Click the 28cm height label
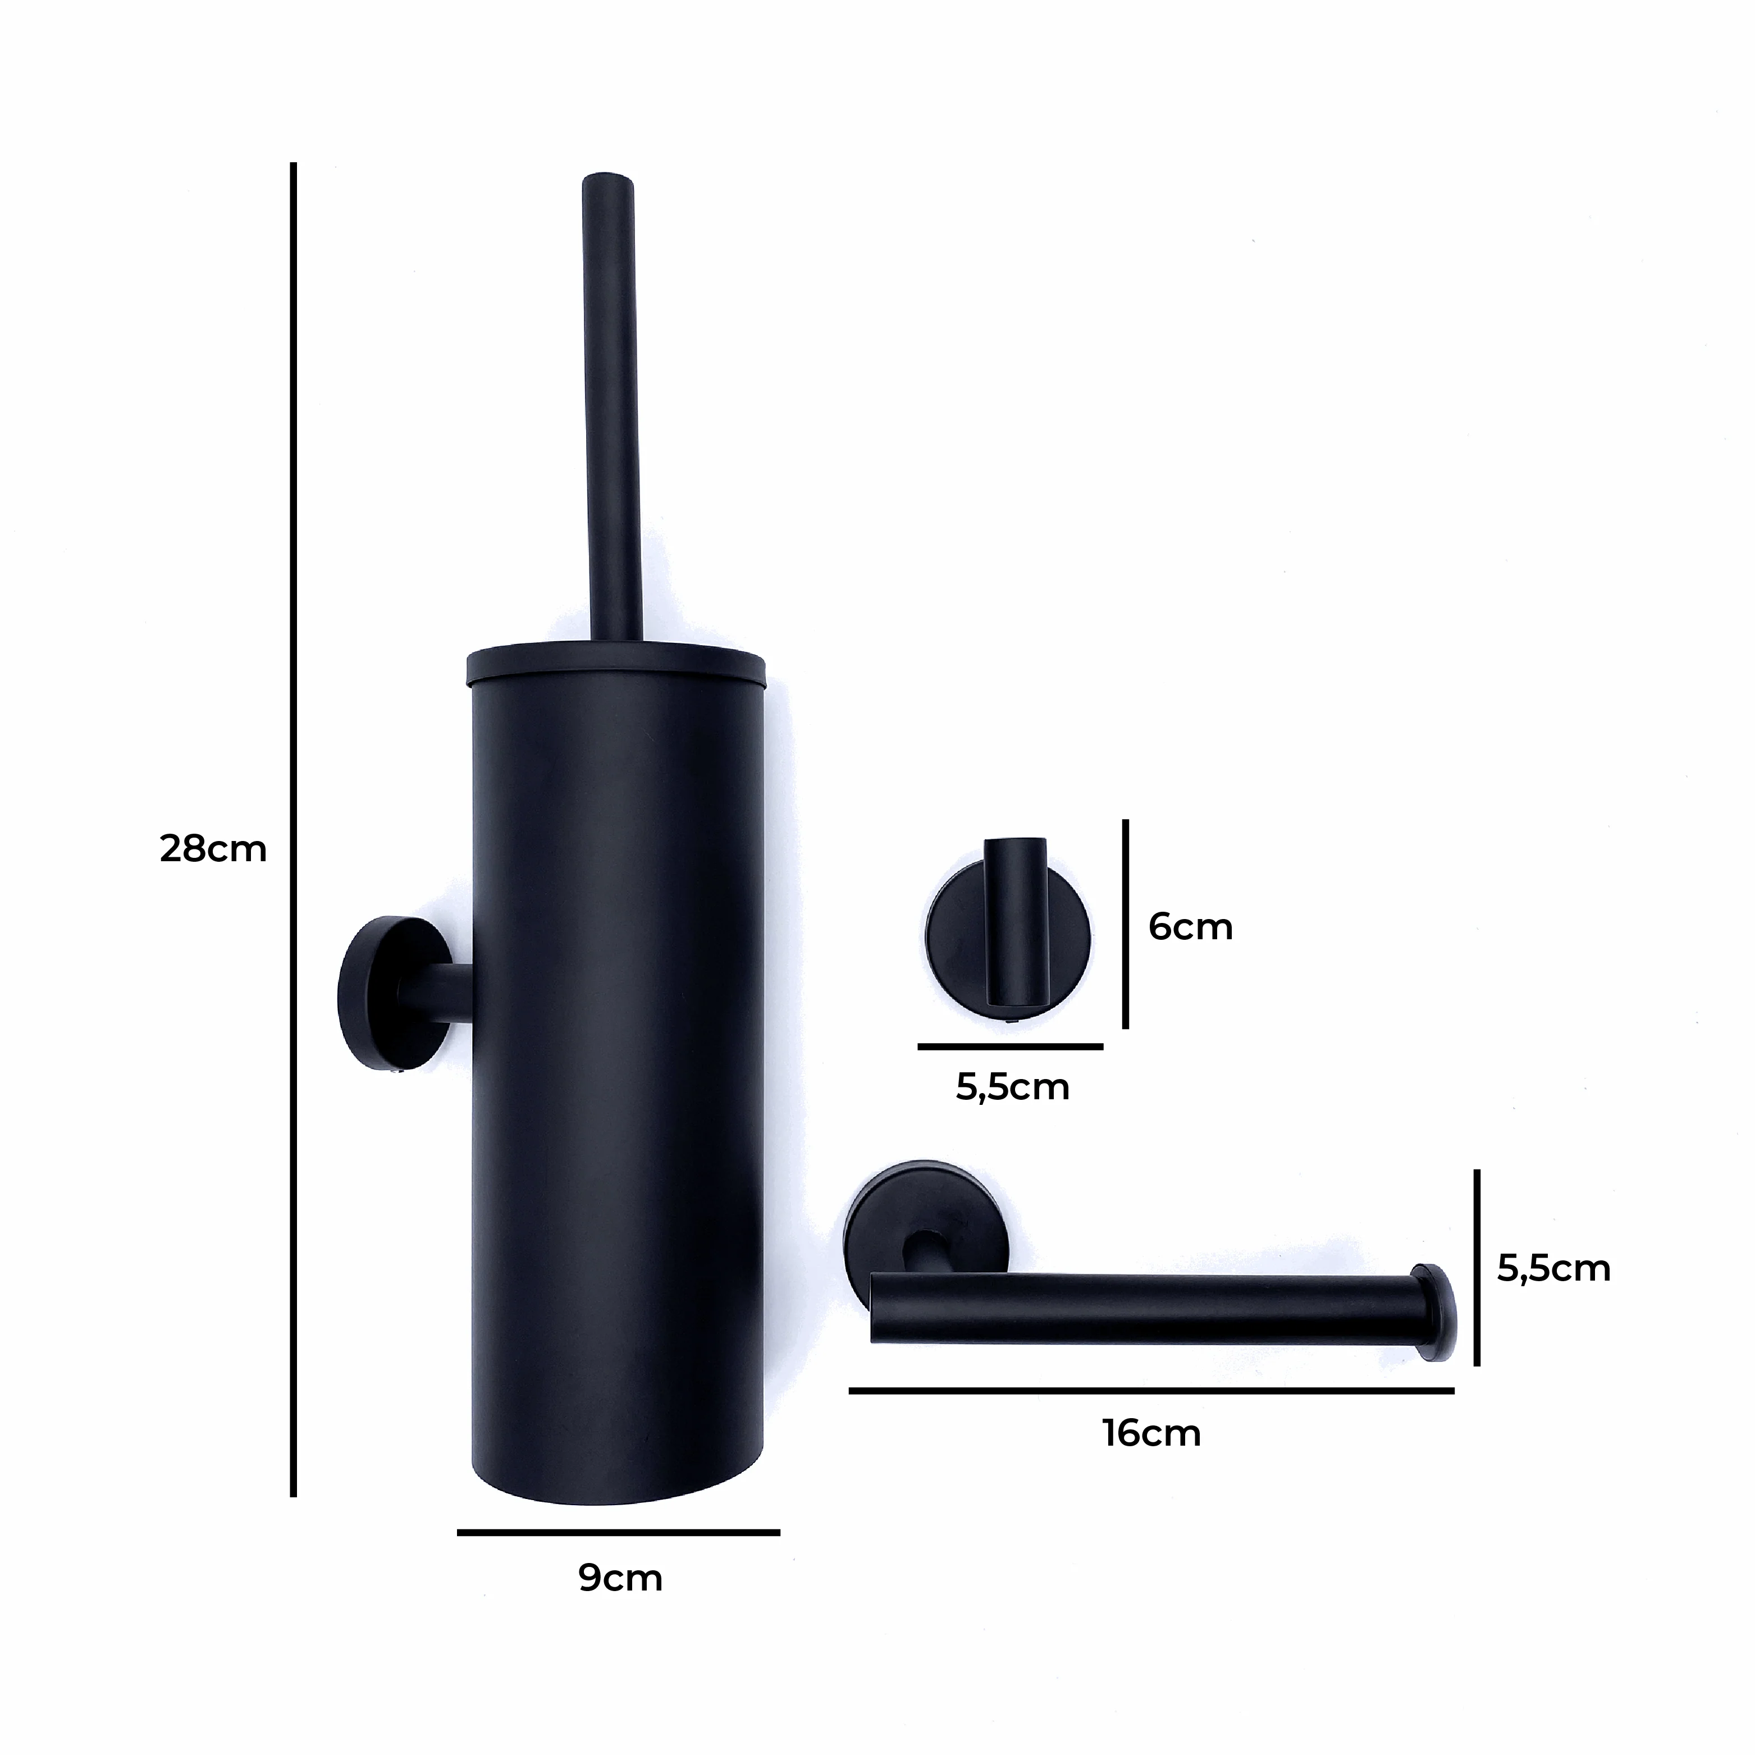click(x=213, y=849)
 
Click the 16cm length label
click(x=1152, y=1433)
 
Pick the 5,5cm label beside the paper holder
click(x=1553, y=1268)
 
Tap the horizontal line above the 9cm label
click(x=618, y=1533)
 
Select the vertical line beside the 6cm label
click(x=1126, y=924)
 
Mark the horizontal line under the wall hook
click(x=1010, y=1046)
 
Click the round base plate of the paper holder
click(x=886, y=1208)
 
